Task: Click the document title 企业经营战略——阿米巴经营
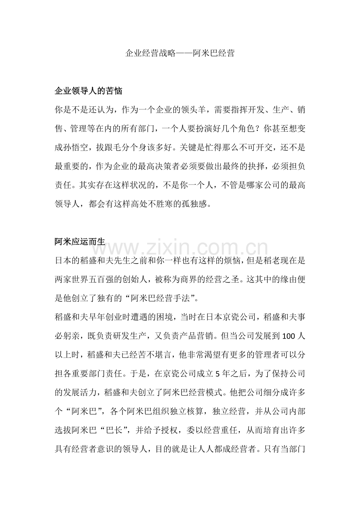pyautogui.click(x=180, y=54)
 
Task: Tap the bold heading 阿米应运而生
pyautogui.click(x=80, y=242)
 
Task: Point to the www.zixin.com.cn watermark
pyautogui.click(x=180, y=248)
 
